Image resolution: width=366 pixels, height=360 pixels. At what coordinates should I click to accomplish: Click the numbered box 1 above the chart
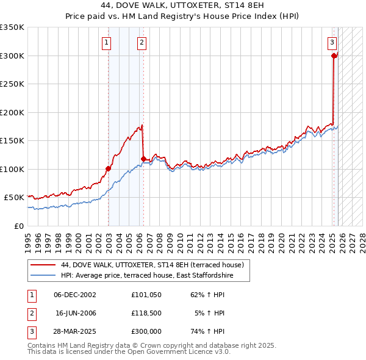coord(107,43)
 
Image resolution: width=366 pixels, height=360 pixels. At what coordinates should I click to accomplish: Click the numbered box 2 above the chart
coord(142,43)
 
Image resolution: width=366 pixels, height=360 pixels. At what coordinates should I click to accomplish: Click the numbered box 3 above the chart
coord(332,43)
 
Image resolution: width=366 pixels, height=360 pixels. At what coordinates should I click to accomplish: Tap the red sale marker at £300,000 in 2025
coord(334,56)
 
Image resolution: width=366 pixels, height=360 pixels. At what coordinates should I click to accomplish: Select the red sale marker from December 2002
coord(108,168)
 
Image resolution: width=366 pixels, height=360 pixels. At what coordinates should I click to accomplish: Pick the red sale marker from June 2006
coord(143,159)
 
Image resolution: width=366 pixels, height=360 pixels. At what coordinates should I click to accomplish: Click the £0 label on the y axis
coord(18,226)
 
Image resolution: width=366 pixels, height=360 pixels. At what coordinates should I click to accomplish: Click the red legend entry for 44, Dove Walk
coord(152,265)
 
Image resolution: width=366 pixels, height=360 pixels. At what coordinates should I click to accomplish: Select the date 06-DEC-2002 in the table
coord(74,295)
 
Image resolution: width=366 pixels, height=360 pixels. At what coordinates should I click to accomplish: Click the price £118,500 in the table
coord(146,313)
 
